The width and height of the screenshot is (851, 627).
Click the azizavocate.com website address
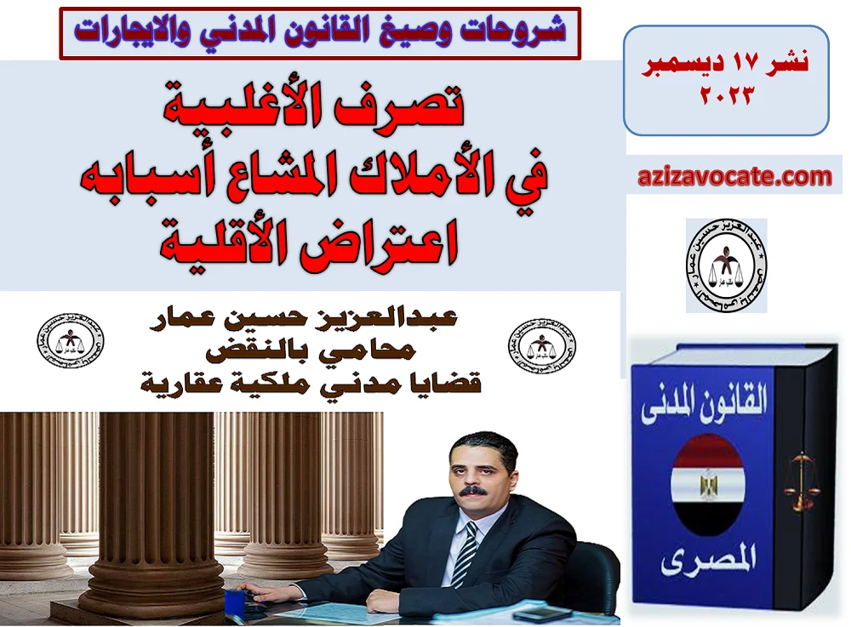coord(734,177)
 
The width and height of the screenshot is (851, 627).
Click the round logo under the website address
coord(726,265)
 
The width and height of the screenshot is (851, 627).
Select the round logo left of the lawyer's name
coord(71,345)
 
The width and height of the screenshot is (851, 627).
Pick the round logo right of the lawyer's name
coord(541,345)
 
